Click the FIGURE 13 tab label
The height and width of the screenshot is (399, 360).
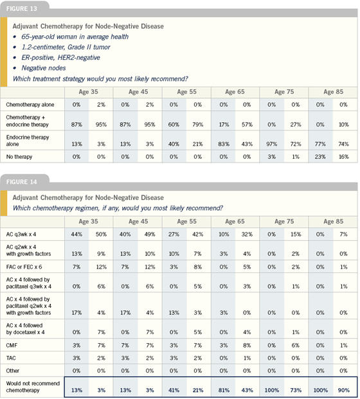click(22, 8)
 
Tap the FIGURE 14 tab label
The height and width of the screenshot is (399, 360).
click(22, 182)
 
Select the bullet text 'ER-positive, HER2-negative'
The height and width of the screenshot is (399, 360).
click(60, 58)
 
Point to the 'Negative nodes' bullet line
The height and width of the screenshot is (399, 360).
click(44, 68)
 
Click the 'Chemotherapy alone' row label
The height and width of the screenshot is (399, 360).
click(30, 105)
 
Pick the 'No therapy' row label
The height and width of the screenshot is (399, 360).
click(19, 157)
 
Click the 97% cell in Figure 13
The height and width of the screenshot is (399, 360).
click(272, 144)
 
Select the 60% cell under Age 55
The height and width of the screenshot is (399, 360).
click(174, 125)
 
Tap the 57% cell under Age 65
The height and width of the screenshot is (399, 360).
click(247, 125)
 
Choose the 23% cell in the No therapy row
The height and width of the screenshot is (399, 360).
click(320, 157)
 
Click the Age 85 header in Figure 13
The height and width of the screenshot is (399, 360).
click(333, 92)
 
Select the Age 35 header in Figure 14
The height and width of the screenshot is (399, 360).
click(88, 222)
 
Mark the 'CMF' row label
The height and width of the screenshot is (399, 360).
click(12, 345)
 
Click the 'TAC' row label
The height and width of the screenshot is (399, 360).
click(11, 358)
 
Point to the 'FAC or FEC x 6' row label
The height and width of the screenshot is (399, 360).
click(24, 267)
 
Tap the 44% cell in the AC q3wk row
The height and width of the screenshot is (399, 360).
click(76, 234)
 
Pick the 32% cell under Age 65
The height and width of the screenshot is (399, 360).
click(247, 234)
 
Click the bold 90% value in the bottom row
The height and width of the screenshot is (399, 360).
click(344, 390)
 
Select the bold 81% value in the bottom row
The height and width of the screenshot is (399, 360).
click(224, 390)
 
